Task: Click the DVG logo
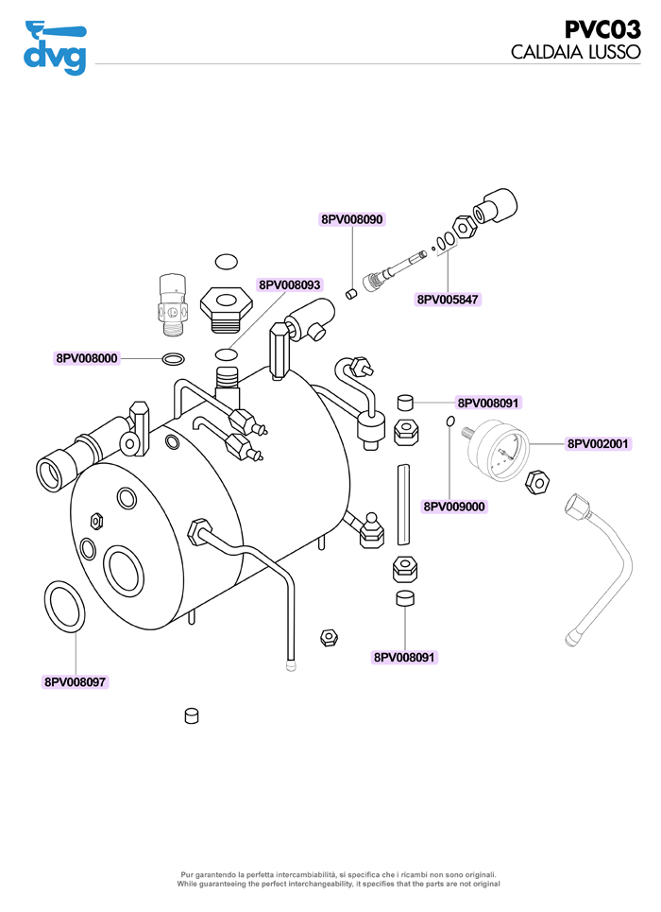pos(55,47)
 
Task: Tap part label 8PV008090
pos(352,219)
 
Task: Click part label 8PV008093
pos(290,284)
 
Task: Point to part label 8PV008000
pos(87,358)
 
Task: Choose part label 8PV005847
pos(448,300)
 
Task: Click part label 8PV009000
pos(454,507)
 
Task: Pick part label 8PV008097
pos(76,680)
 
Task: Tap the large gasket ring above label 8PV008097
pos(63,607)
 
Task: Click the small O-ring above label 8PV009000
pos(451,422)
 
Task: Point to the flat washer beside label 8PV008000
pos(174,359)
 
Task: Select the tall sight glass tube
pos(404,504)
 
